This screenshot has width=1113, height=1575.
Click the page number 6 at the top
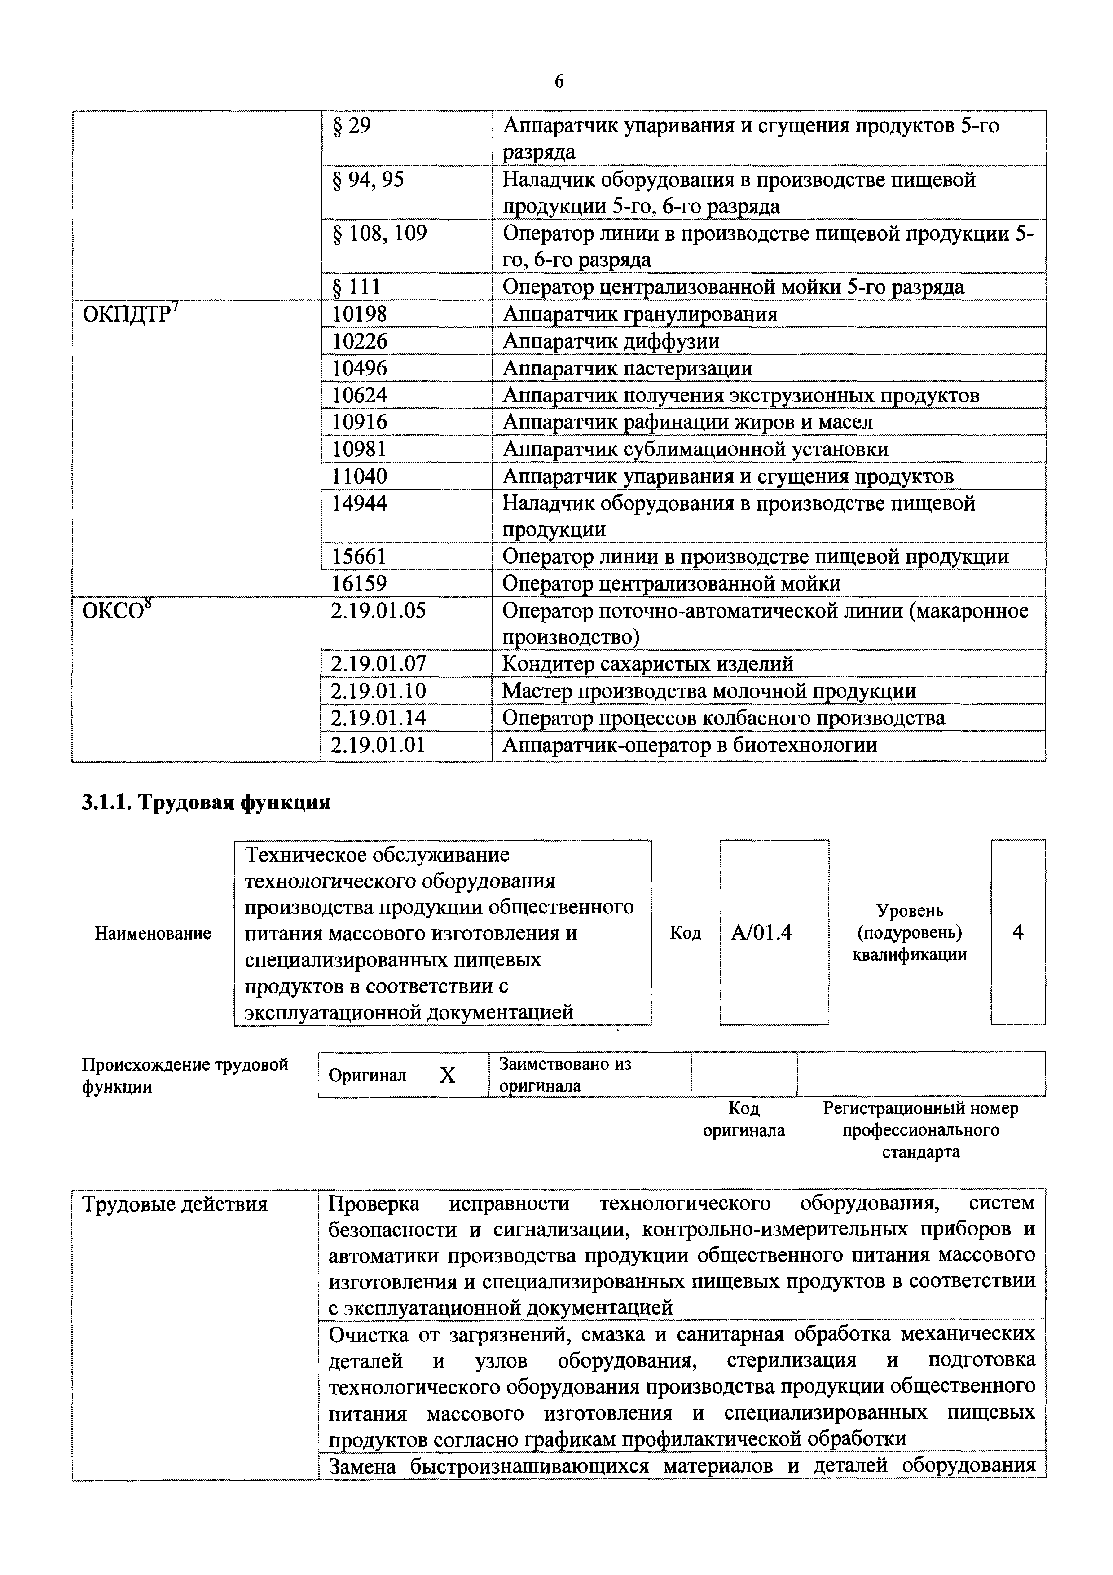click(x=559, y=82)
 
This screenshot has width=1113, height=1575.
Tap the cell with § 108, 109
click(x=379, y=234)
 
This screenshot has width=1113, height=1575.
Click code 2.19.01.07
click(x=378, y=664)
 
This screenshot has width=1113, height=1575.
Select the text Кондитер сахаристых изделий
click(x=647, y=664)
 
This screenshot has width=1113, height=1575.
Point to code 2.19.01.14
click(x=378, y=718)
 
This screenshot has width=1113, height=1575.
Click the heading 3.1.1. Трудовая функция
click(x=206, y=802)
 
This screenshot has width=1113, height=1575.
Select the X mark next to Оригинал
click(x=447, y=1076)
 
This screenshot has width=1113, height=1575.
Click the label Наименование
click(x=152, y=934)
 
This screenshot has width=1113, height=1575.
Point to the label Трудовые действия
click(x=174, y=1204)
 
